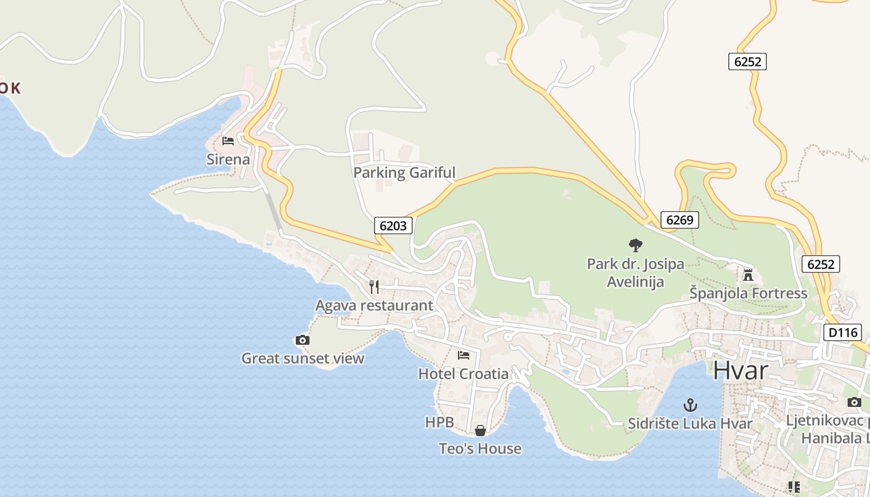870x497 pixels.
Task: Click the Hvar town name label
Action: click(x=741, y=370)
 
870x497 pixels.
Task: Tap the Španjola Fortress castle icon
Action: click(x=748, y=274)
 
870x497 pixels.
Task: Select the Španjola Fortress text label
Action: click(x=748, y=293)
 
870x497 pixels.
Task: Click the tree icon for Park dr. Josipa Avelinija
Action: click(x=635, y=245)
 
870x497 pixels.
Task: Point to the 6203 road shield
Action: click(x=393, y=226)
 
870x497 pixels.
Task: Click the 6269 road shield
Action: click(x=679, y=219)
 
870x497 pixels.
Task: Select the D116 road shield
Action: click(x=843, y=332)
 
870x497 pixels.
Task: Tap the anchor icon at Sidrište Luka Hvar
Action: click(x=690, y=405)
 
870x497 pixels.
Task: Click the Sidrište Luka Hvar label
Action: click(x=690, y=424)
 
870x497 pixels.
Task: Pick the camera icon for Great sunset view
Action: click(x=302, y=340)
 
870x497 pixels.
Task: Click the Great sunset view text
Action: click(x=303, y=358)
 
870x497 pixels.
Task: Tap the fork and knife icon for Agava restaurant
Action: click(x=373, y=286)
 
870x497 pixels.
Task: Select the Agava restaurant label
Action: click(x=374, y=306)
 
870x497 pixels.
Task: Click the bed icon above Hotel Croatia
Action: click(x=463, y=355)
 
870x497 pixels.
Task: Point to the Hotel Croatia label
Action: click(x=463, y=374)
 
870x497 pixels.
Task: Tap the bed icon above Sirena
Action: click(x=228, y=141)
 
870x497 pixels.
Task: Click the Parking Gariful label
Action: click(x=404, y=173)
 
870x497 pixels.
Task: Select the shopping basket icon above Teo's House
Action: click(x=480, y=430)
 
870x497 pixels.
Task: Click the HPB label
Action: click(x=439, y=422)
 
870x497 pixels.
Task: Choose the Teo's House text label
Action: click(x=480, y=449)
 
